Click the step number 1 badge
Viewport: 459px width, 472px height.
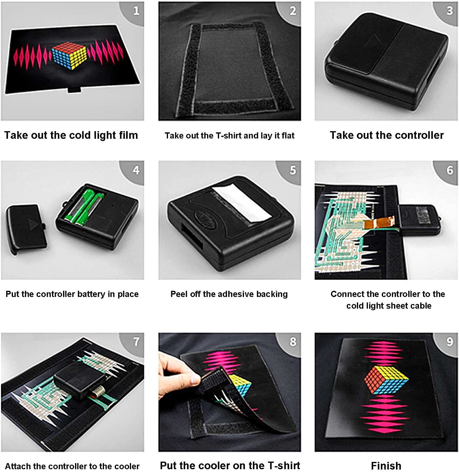click(x=136, y=11)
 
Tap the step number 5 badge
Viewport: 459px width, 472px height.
click(x=293, y=170)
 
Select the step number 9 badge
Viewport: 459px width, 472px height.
click(x=450, y=342)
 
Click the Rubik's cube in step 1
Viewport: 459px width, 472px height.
click(x=69, y=55)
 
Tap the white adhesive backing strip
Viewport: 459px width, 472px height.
click(x=241, y=204)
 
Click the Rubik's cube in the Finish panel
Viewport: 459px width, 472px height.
click(x=386, y=379)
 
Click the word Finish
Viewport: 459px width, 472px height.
click(x=386, y=465)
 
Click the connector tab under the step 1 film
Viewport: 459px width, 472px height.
click(x=74, y=90)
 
